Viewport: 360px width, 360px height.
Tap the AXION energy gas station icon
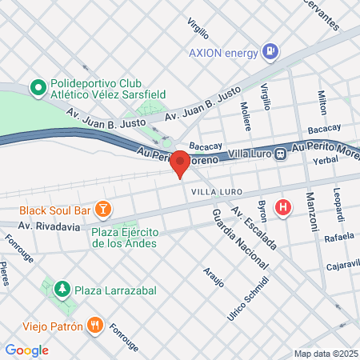tap(271, 53)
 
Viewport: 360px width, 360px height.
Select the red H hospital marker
tap(282, 208)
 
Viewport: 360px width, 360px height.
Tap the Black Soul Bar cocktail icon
tap(102, 210)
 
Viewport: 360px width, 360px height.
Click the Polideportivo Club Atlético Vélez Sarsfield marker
tap(37, 86)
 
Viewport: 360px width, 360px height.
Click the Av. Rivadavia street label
tap(49, 227)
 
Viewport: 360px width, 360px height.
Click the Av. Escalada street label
tap(253, 227)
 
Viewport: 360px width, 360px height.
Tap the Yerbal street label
tap(326, 161)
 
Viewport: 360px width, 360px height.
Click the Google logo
tap(26, 350)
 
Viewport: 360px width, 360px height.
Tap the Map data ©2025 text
tap(325, 354)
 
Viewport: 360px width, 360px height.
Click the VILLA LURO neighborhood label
tap(211, 192)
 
